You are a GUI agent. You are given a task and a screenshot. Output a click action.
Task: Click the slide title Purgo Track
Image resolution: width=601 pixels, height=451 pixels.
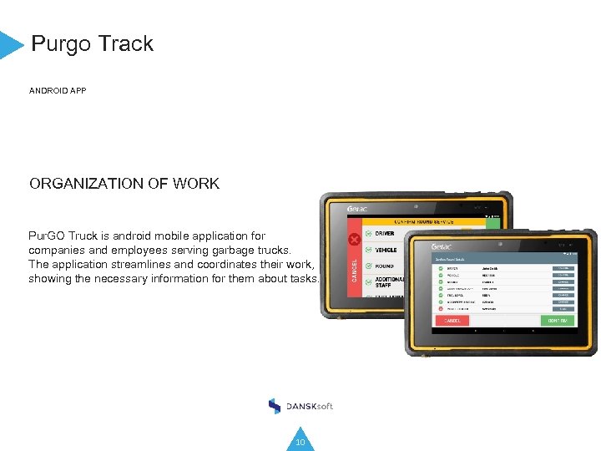coord(92,43)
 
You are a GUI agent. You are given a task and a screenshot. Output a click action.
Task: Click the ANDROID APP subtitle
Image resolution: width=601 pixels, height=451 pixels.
coord(58,90)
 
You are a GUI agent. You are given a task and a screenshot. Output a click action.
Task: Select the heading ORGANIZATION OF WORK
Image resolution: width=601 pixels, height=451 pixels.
coord(124,184)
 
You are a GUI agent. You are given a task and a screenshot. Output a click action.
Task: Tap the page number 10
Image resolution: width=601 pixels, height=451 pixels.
coord(300,442)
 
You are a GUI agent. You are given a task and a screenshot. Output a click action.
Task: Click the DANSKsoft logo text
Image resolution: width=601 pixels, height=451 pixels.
coord(310,406)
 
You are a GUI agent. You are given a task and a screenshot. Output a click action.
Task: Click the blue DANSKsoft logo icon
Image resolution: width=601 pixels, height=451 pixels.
coord(275,406)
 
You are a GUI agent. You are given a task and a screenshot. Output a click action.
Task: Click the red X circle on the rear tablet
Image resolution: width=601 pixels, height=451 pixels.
coord(354,241)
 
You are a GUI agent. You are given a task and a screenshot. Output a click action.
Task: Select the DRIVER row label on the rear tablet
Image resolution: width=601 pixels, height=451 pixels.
coord(385,234)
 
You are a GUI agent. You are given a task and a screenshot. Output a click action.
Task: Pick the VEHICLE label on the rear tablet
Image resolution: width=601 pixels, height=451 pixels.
coord(386,250)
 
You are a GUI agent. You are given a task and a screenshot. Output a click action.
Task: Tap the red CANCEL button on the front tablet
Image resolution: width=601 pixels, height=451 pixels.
coord(452,321)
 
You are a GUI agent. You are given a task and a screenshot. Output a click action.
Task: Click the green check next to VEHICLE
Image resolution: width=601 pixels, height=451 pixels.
coord(368,250)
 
